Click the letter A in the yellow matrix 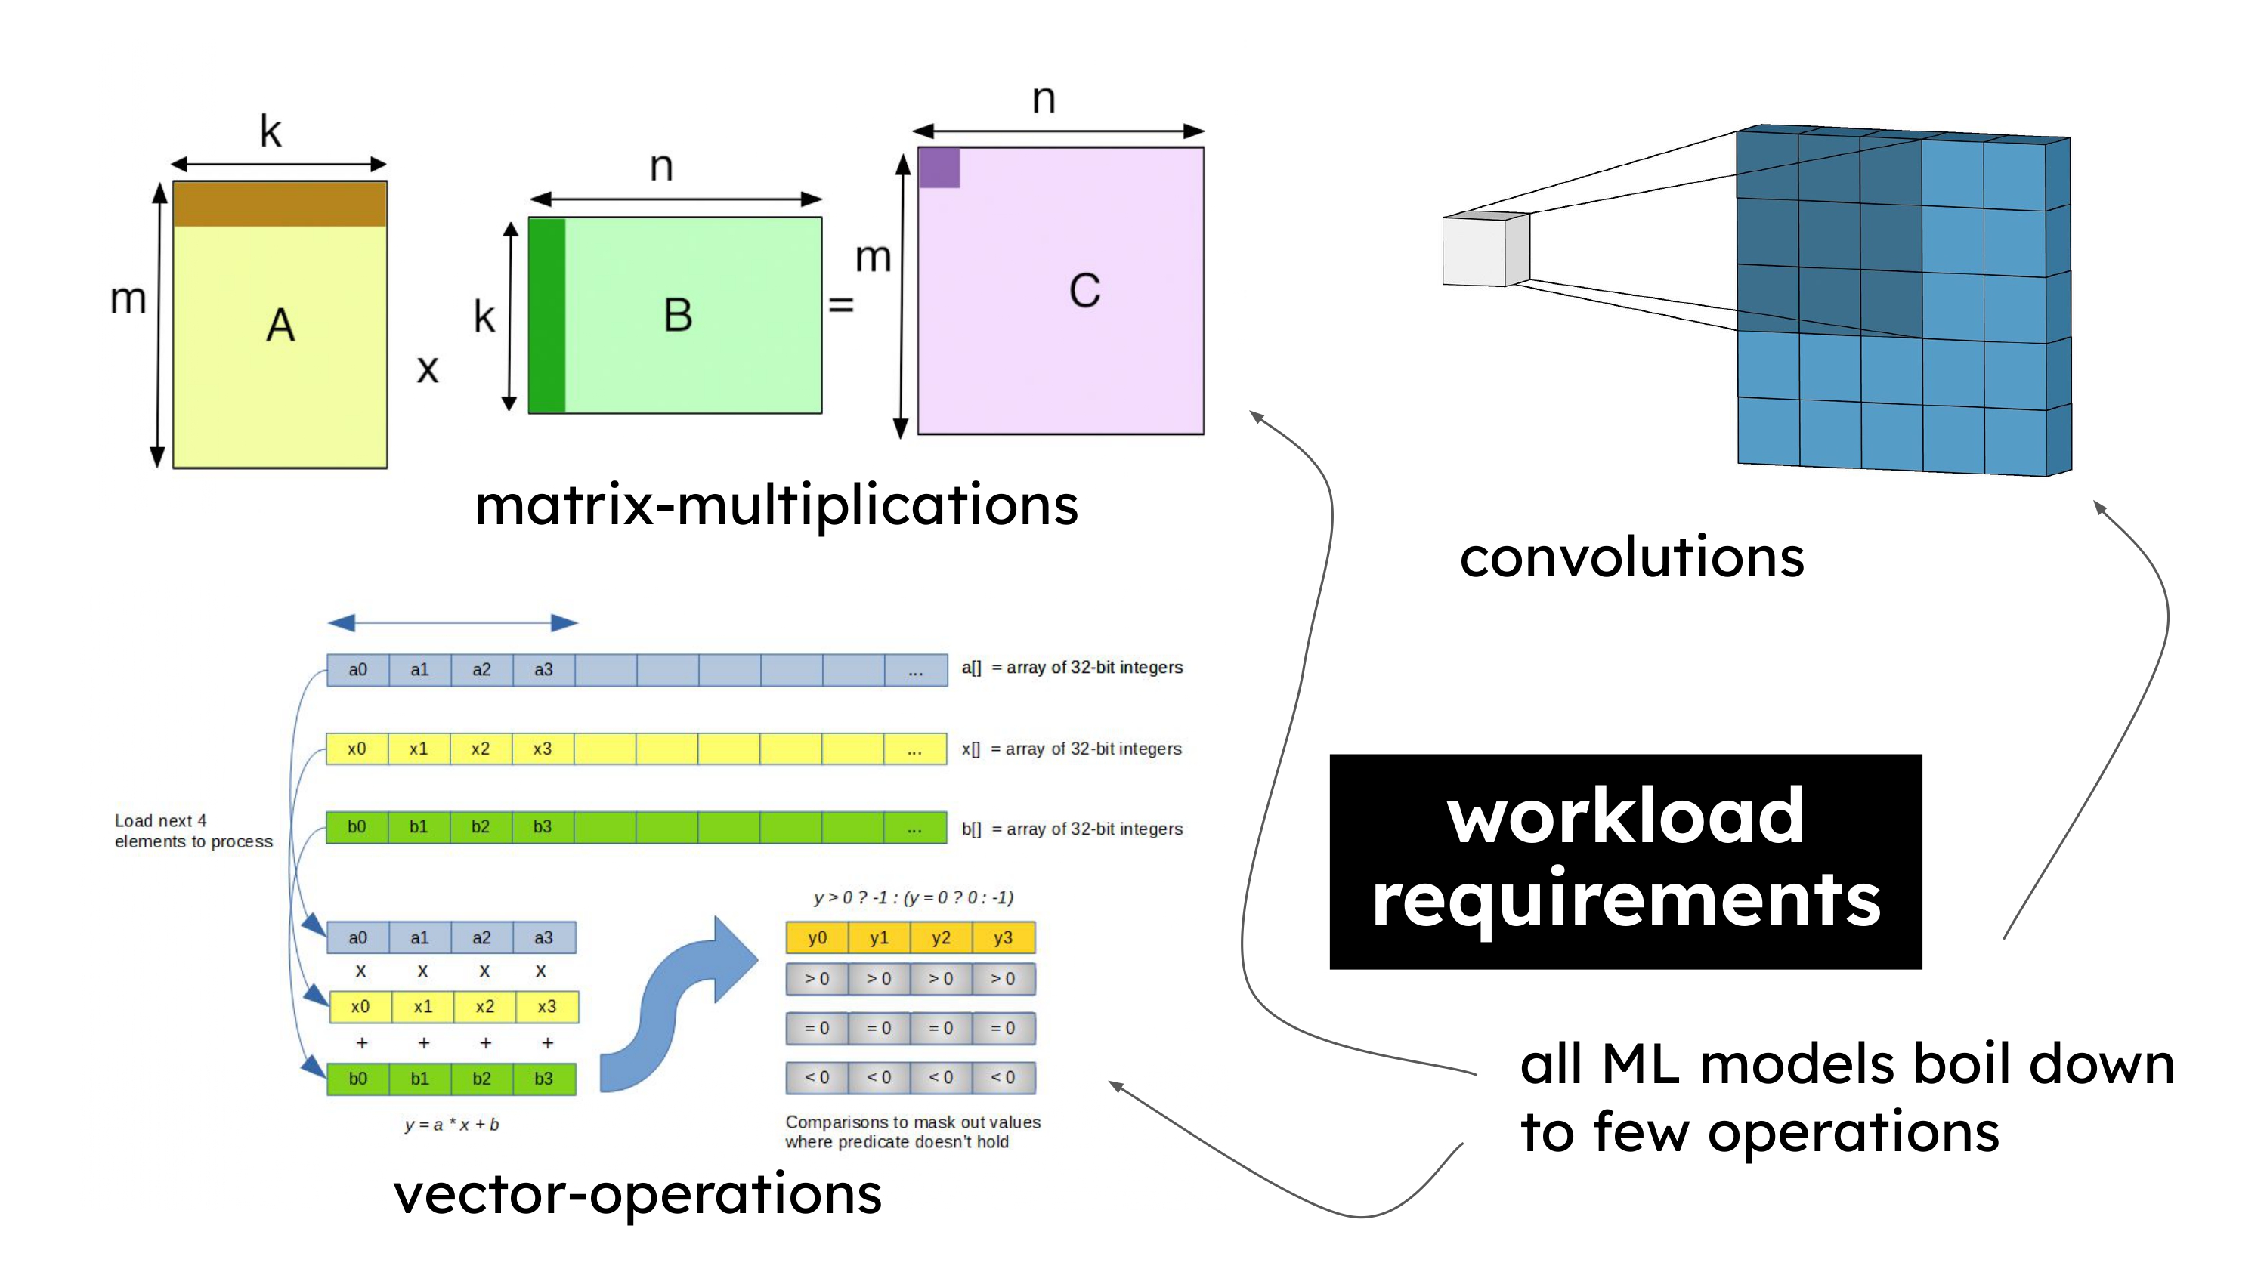coord(280,326)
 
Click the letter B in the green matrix coord(678,315)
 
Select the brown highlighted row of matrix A coord(280,204)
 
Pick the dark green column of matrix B coord(547,315)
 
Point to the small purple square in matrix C coord(939,167)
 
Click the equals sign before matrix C coord(841,305)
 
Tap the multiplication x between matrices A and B coord(428,369)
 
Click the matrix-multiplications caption coord(776,506)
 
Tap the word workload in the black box coord(1625,816)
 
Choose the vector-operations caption coord(637,1194)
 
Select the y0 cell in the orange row coord(817,938)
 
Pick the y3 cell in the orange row coord(1004,938)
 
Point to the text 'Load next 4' coord(161,820)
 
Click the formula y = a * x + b coord(451,1125)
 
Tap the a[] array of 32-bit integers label coord(1072,668)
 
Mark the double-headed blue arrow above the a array coord(453,623)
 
